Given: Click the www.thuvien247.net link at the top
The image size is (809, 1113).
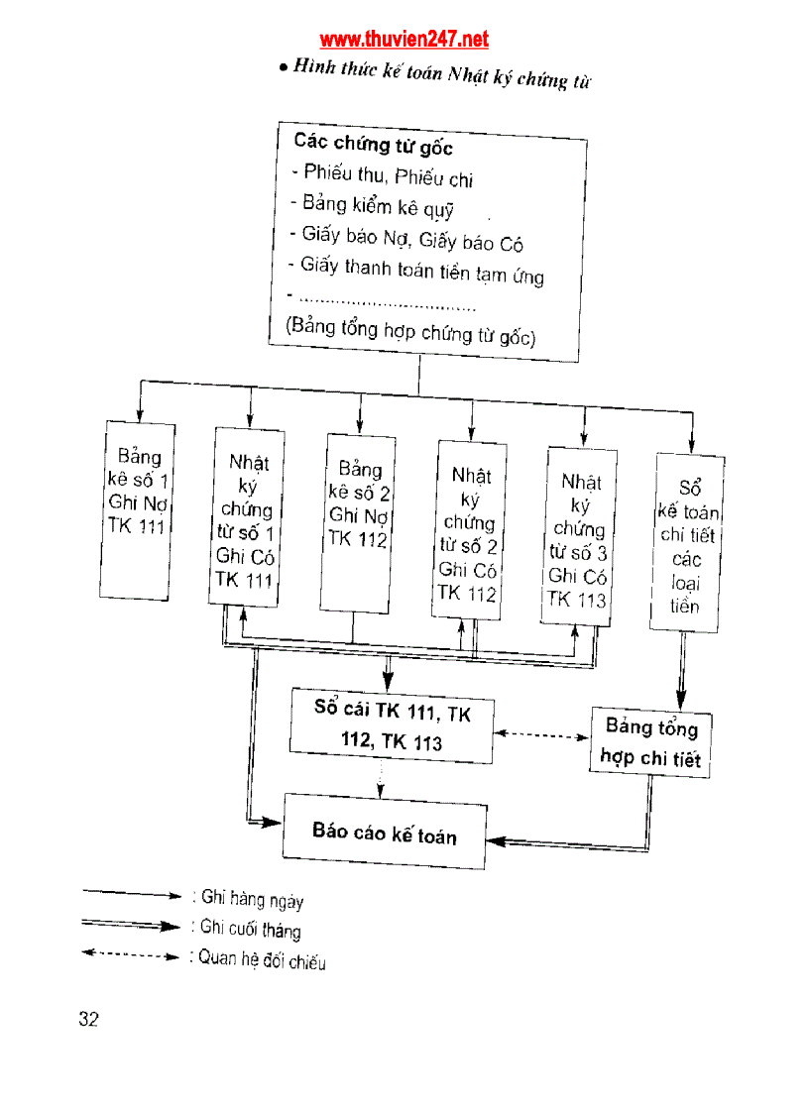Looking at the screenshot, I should tap(404, 40).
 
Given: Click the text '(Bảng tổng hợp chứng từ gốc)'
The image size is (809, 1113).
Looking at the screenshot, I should tap(410, 332).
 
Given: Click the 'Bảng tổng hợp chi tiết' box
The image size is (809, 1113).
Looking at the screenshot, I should tap(651, 742).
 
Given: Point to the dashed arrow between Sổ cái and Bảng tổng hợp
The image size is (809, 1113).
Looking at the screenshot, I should tap(541, 735).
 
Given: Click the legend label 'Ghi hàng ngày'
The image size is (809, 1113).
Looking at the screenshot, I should tap(252, 900).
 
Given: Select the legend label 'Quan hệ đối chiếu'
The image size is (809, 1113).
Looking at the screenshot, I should tap(261, 959).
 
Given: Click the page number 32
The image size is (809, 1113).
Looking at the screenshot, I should tap(88, 1020).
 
